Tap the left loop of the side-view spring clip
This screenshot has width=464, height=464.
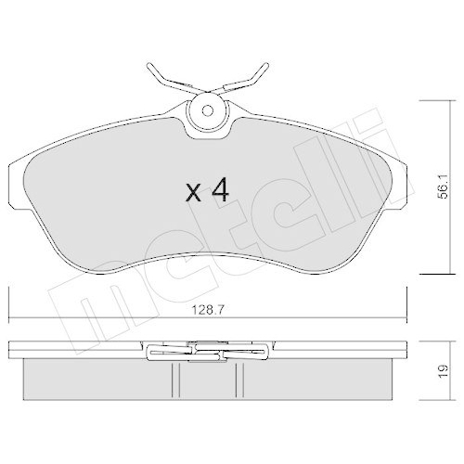coord(154,353)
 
